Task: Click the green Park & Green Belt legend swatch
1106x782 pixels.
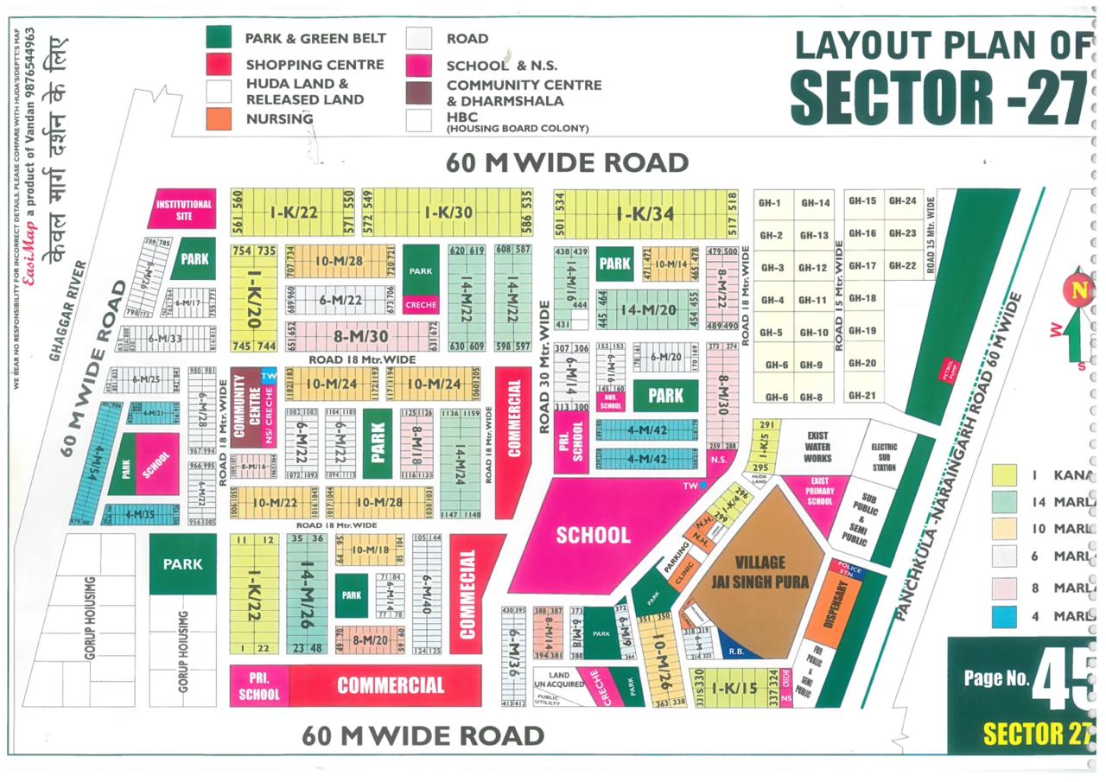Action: coord(219,38)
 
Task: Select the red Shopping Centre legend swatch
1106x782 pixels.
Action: coord(219,64)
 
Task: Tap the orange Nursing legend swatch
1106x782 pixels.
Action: coord(219,119)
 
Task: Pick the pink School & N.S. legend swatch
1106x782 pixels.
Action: coord(419,65)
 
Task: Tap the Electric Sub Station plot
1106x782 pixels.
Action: coord(883,457)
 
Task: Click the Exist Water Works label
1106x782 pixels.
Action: coord(817,447)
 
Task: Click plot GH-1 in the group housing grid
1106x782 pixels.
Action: coord(771,203)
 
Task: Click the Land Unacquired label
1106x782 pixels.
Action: coord(559,681)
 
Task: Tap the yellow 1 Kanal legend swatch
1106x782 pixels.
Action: coord(1004,474)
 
